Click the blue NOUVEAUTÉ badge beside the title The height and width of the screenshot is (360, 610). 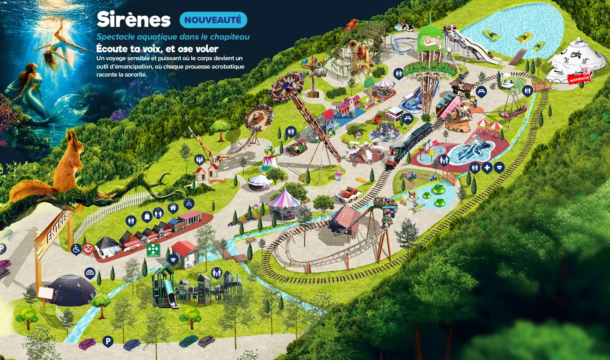tap(213, 20)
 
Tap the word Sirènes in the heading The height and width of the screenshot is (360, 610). tap(134, 20)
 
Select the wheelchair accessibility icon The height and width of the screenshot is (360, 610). tap(76, 249)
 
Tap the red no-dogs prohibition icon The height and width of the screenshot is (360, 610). tap(88, 248)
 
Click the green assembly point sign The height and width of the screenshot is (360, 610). tap(154, 250)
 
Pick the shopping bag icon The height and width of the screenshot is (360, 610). tap(147, 217)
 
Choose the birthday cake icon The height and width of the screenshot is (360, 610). tap(189, 203)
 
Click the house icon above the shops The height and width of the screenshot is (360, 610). tap(173, 208)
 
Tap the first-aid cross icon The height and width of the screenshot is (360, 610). tap(487, 167)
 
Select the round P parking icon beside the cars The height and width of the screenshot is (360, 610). tap(107, 341)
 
